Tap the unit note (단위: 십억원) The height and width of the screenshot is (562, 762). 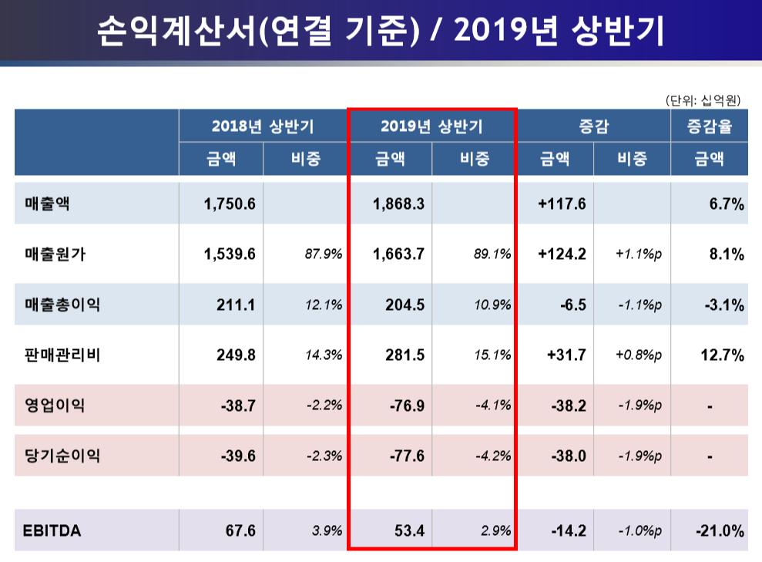tap(702, 99)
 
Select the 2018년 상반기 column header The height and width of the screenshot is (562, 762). tap(263, 126)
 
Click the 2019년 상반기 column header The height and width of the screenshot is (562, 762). tap(431, 126)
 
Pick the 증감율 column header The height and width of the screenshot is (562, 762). tap(709, 126)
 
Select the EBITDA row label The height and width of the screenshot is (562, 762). tap(53, 530)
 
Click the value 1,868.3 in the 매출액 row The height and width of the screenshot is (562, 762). tap(398, 204)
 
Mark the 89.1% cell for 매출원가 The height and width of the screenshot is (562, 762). tap(492, 254)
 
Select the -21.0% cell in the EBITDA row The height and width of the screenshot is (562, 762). tap(719, 530)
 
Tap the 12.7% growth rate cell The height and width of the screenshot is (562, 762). tap(723, 355)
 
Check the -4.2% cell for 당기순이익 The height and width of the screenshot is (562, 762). tap(492, 456)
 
